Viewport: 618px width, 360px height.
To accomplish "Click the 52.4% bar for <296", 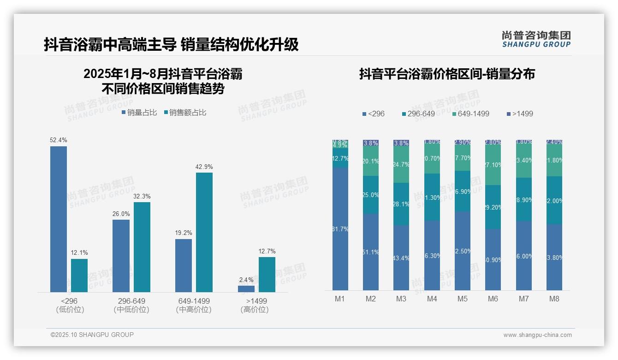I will pyautogui.click(x=59, y=219).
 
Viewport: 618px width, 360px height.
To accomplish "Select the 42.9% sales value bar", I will pyautogui.click(x=204, y=232).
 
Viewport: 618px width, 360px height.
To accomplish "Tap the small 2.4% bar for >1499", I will pyautogui.click(x=246, y=289).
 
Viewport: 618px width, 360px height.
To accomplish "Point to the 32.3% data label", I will pyautogui.click(x=142, y=196).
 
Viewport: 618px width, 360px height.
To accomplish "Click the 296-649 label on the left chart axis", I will pyautogui.click(x=131, y=301).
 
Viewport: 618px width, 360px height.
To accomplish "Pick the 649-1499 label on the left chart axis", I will pyautogui.click(x=194, y=301).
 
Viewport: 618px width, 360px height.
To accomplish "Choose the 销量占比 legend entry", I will pyautogui.click(x=139, y=112).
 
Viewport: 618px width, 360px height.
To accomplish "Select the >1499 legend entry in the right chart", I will pyautogui.click(x=520, y=114).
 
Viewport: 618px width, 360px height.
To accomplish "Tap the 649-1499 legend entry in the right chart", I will pyautogui.click(x=470, y=114).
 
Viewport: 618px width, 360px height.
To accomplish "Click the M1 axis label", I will pyautogui.click(x=340, y=299).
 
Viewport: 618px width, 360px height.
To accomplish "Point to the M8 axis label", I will pyautogui.click(x=554, y=299).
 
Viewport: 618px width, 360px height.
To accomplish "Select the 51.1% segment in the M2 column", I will pyautogui.click(x=371, y=252).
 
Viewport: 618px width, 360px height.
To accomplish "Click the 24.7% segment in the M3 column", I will pyautogui.click(x=401, y=165).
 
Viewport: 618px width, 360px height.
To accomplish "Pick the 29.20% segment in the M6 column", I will pyautogui.click(x=493, y=207).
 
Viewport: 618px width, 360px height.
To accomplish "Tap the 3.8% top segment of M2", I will pyautogui.click(x=371, y=143).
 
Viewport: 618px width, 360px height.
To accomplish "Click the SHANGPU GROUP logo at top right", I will pyautogui.click(x=536, y=39).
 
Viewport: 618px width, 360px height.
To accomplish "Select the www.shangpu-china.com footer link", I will pyautogui.click(x=537, y=335).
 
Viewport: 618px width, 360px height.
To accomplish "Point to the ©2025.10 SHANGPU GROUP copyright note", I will pyautogui.click(x=92, y=335).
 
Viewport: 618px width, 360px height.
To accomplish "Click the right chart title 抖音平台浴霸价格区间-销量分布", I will pyautogui.click(x=447, y=74).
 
